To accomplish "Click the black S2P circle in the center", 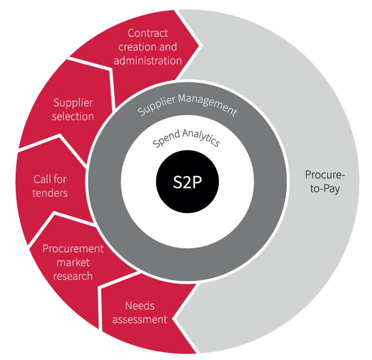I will point(188,182).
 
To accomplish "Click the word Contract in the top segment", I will point(148,33).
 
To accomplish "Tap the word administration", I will point(148,61).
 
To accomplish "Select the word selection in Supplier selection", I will point(73,116).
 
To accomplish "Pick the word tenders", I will point(50,192).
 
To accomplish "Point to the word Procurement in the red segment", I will point(73,248).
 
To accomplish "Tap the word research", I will point(73,276).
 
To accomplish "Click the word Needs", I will point(140,305).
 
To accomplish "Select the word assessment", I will point(140,319).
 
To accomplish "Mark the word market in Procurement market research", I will point(73,262).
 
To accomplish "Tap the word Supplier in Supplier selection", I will point(73,102).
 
